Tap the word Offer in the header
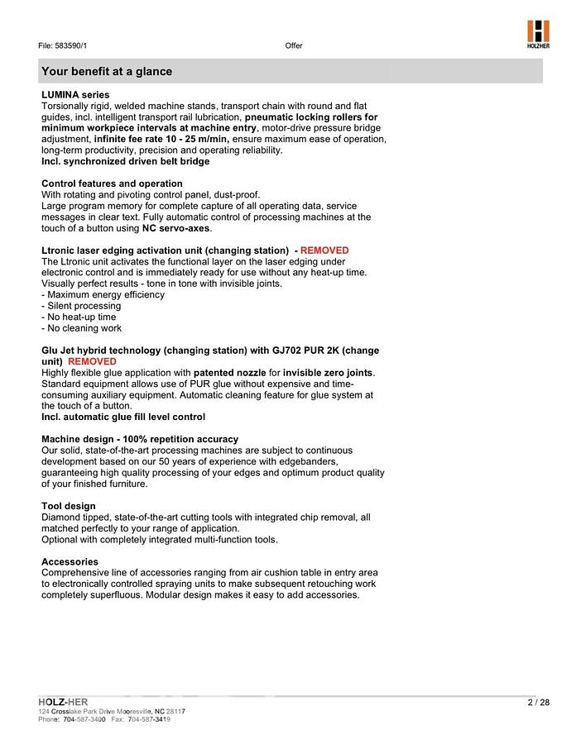pyautogui.click(x=294, y=45)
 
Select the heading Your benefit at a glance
pyautogui.click(x=107, y=72)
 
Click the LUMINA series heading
pyautogui.click(x=75, y=95)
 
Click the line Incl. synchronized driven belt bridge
pyautogui.click(x=125, y=162)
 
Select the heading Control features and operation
pyautogui.click(x=112, y=184)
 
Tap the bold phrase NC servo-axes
pyautogui.click(x=176, y=228)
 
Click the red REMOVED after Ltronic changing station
pyautogui.click(x=324, y=250)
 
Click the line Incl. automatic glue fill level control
pyautogui.click(x=123, y=417)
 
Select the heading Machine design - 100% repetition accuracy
pyautogui.click(x=140, y=439)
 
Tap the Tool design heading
pyautogui.click(x=69, y=506)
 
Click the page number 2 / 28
pyautogui.click(x=538, y=703)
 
